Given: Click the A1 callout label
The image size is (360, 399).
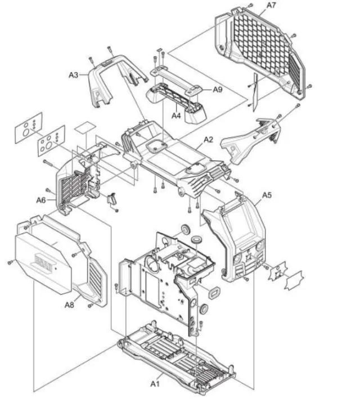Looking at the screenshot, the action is (x=155, y=384).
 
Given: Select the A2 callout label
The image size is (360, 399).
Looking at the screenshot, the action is (x=208, y=140).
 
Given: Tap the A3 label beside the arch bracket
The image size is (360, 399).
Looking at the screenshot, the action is (x=74, y=75).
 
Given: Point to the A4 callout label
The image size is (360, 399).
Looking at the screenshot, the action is (x=176, y=116).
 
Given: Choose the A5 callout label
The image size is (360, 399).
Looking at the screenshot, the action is (x=267, y=195).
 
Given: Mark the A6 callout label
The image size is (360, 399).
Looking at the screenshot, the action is (x=41, y=200).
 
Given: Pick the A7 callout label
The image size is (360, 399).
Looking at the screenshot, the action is (x=271, y=5).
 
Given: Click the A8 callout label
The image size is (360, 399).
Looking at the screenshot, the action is (x=69, y=305).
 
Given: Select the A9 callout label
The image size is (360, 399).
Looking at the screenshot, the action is (x=218, y=89).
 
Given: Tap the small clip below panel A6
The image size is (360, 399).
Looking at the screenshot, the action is (x=112, y=199).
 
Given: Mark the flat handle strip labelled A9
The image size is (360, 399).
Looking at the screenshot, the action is (x=176, y=79).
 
